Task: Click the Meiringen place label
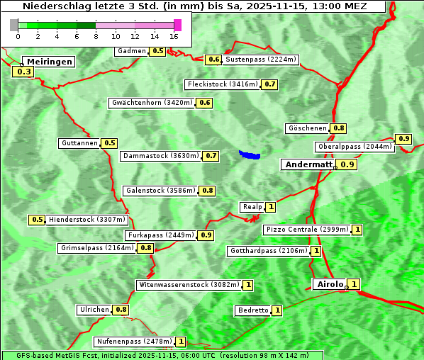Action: coord(49,62)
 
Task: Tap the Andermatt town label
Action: coord(308,164)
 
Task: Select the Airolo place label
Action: coord(330,284)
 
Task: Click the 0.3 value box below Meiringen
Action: coord(23,72)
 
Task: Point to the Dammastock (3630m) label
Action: coord(161,156)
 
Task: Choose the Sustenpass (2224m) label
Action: coord(261,60)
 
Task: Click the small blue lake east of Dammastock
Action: coord(250,154)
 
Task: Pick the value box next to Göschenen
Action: coord(339,128)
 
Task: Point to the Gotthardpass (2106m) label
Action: coord(268,251)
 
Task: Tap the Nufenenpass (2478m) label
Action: coord(134,342)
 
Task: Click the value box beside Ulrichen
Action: coord(121,310)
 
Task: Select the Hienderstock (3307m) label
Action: coord(78,220)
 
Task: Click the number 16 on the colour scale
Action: coord(174,37)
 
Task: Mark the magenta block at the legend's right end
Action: coord(177,25)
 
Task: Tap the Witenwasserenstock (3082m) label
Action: coord(188,285)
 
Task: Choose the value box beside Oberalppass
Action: coord(403,139)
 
